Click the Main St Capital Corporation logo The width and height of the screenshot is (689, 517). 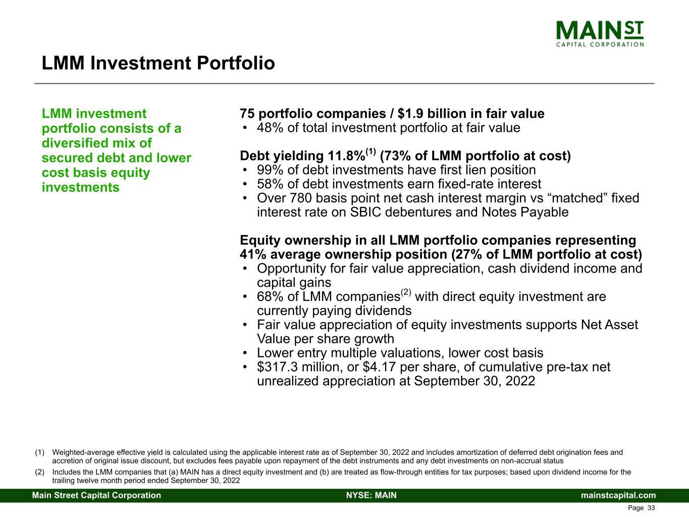600,34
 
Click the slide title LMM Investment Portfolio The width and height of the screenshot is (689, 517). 158,64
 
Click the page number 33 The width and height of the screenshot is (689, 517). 651,508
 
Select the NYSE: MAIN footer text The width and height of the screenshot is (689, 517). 372,495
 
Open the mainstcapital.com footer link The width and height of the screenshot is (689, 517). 618,495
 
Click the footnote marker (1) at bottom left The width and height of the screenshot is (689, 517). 39,452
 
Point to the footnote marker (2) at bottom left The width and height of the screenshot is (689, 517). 39,473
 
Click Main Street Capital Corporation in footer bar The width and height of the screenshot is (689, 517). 97,495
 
